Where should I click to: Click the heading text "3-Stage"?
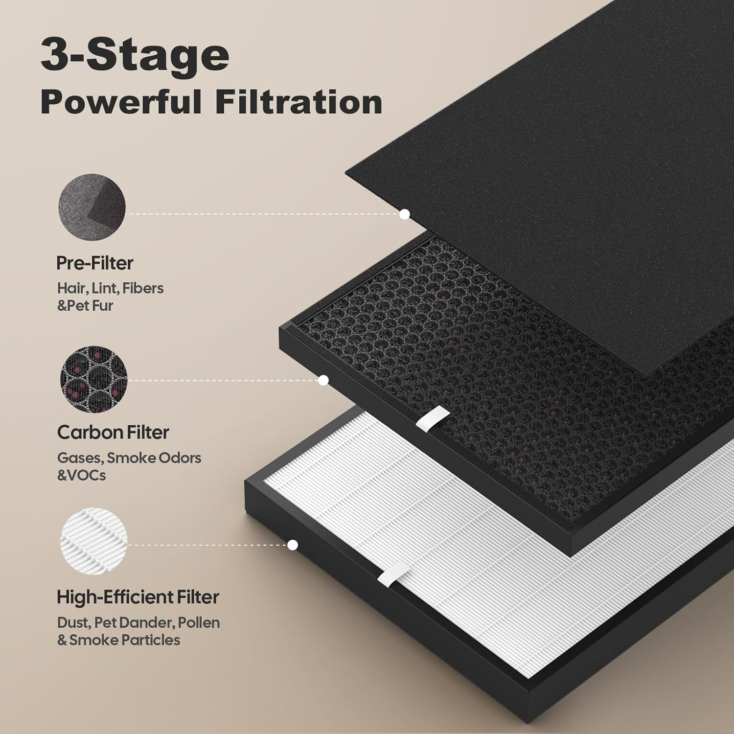pos(135,56)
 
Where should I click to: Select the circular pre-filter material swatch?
pos(92,206)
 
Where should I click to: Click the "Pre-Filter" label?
pos(94,263)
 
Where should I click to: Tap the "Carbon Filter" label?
pos(113,432)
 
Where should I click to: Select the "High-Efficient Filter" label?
pos(138,597)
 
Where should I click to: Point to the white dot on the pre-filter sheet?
pos(404,214)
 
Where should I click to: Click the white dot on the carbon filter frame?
pos(323,380)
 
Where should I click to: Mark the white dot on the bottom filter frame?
pos(293,545)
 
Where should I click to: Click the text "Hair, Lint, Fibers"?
pos(110,288)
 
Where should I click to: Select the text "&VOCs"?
pos(81,475)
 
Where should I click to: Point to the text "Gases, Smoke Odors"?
pos(129,458)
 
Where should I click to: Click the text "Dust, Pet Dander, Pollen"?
pos(138,622)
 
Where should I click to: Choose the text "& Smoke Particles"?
pos(118,640)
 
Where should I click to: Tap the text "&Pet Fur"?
pos(85,305)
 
